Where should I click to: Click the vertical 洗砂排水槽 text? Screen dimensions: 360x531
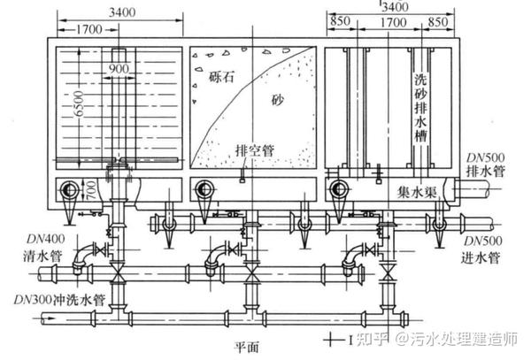tap(420, 115)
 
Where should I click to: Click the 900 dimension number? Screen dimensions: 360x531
tap(118, 68)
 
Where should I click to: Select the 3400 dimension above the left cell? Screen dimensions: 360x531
tap(117, 14)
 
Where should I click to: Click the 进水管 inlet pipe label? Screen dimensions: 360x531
tap(482, 258)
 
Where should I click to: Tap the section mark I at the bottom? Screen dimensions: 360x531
tap(351, 338)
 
